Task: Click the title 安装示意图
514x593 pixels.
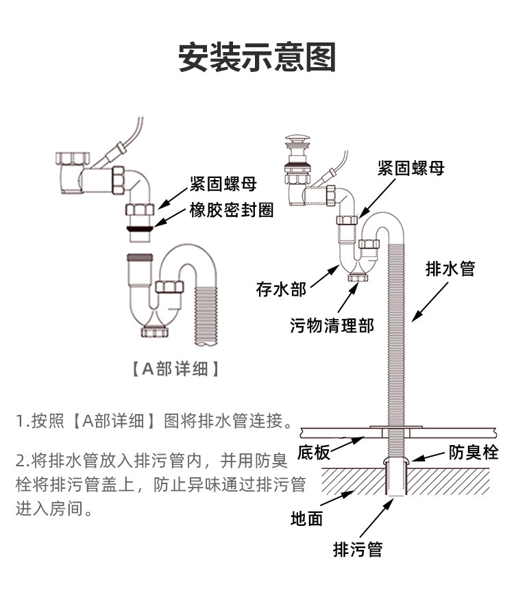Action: (x=257, y=58)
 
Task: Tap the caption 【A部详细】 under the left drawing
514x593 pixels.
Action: (x=175, y=369)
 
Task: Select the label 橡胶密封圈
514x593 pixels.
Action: (x=232, y=210)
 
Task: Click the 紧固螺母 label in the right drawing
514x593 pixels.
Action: (x=411, y=169)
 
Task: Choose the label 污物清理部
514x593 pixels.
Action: (x=332, y=325)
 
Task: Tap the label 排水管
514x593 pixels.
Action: (x=450, y=268)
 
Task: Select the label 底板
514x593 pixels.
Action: (x=313, y=453)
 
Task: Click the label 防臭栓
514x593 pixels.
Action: (x=474, y=452)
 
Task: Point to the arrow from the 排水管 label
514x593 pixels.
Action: (x=428, y=302)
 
